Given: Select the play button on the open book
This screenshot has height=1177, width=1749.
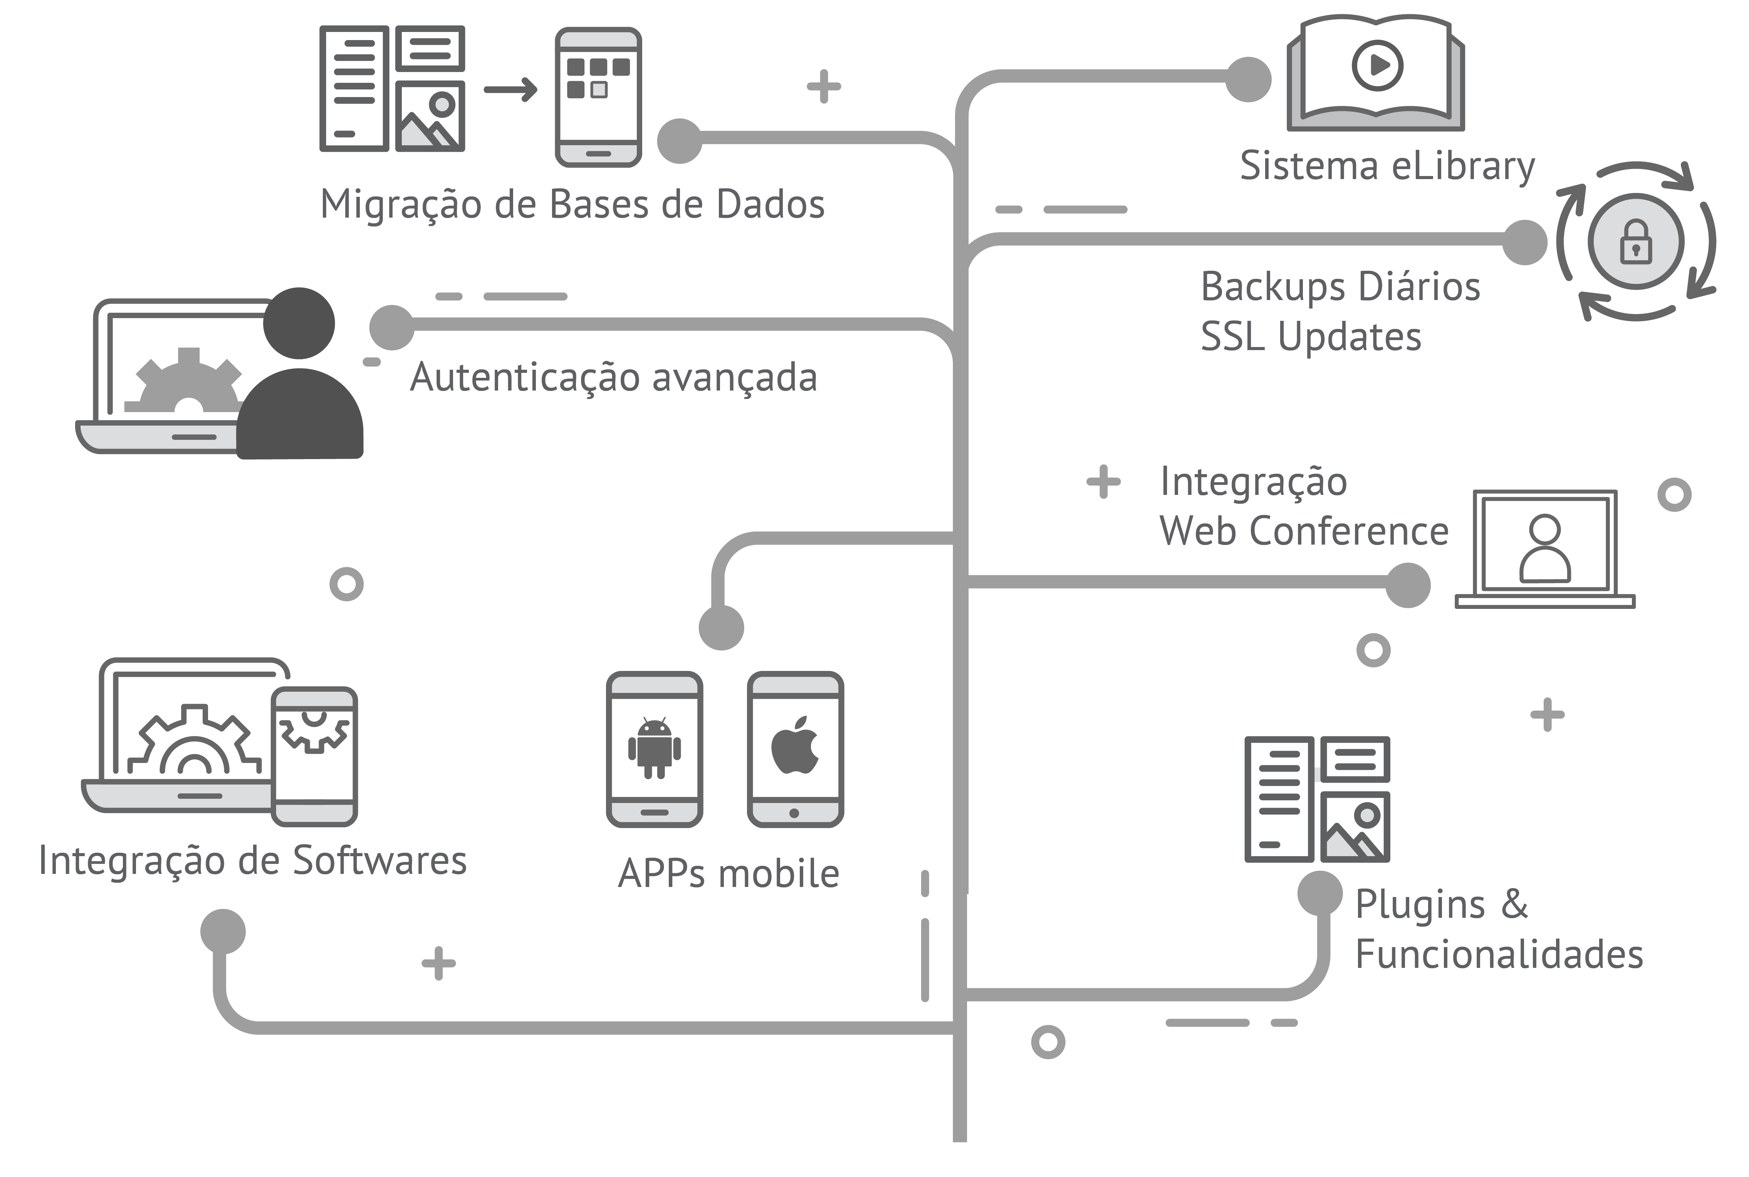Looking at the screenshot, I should [x=1377, y=65].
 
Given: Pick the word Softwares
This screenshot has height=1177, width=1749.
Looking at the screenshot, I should [x=379, y=860].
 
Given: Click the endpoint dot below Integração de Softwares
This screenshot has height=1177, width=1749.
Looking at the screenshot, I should [x=223, y=932].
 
